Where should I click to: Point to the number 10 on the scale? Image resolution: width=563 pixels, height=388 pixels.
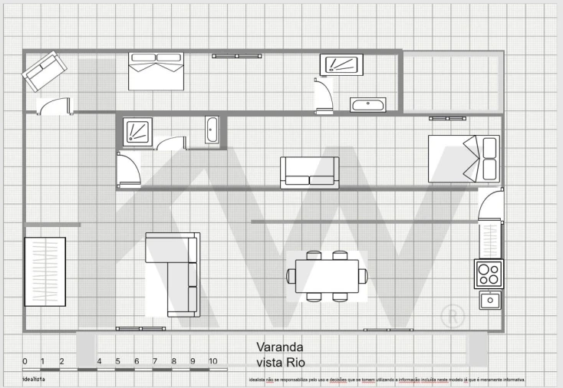(212, 361)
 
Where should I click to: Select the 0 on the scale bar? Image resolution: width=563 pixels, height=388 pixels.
(25, 361)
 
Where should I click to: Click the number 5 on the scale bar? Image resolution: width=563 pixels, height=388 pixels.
(118, 361)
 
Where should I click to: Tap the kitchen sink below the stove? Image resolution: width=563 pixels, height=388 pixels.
(490, 300)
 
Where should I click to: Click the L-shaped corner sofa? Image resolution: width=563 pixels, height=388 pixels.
(173, 272)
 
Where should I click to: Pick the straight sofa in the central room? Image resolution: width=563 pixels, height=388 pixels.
(309, 173)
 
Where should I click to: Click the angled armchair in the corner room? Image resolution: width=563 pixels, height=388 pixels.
(44, 71)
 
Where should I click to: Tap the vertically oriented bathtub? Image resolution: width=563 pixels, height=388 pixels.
(212, 130)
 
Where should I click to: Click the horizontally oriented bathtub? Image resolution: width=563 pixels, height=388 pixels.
(367, 105)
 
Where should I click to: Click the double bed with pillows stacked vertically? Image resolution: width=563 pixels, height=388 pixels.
(464, 159)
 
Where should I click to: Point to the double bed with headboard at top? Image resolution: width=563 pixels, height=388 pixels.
(156, 71)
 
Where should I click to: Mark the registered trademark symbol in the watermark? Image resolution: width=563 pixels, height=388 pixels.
(454, 314)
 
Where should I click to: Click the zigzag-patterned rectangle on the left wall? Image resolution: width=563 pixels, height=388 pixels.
(45, 271)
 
